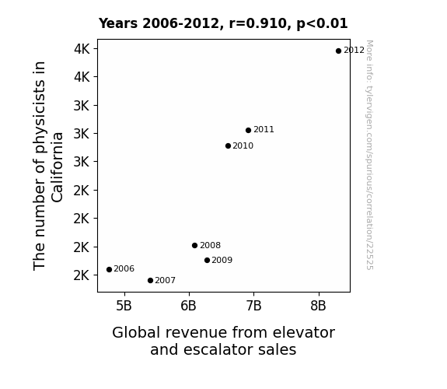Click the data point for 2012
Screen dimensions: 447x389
tap(338, 51)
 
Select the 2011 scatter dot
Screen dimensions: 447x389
tap(248, 130)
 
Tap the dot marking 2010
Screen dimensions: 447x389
tap(228, 145)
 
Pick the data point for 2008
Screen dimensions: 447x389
tap(194, 245)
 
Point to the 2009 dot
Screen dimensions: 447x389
tap(208, 261)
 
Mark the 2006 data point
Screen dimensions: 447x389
tap(109, 269)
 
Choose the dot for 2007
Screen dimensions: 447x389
tap(151, 281)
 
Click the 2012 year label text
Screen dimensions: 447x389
tap(354, 51)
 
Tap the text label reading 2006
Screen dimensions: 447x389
tap(124, 269)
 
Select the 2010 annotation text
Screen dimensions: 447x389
tap(243, 145)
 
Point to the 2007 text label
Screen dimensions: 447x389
tap(166, 281)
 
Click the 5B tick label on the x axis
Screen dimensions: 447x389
tap(124, 306)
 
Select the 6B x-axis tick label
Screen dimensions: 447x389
tap(188, 306)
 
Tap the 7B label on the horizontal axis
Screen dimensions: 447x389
tap(253, 306)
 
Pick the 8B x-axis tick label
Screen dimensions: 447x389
tap(318, 306)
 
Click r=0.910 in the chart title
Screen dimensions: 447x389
tap(259, 23)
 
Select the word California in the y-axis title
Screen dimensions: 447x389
tap(57, 167)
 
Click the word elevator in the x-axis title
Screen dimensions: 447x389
tap(304, 332)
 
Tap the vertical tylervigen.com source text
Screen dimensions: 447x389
tap(369, 155)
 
